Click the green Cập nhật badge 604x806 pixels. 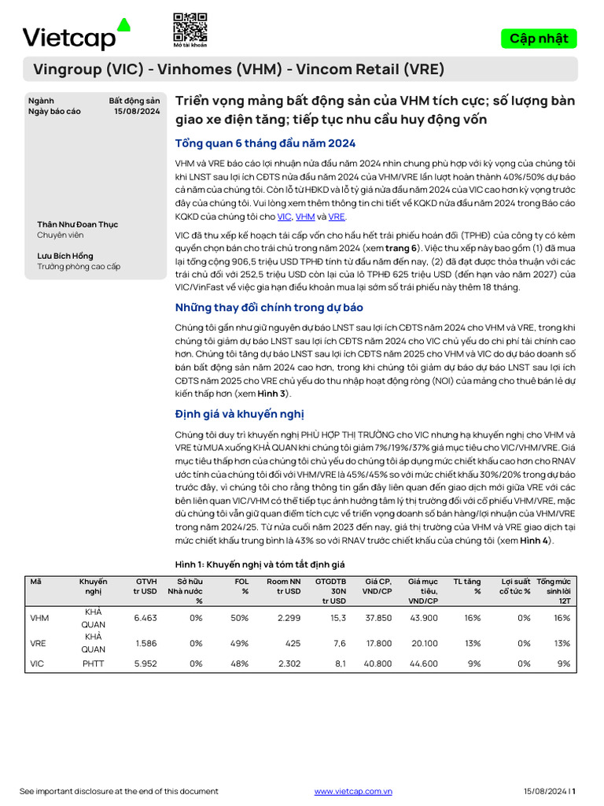(x=538, y=39)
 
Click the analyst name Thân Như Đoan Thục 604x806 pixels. (x=77, y=224)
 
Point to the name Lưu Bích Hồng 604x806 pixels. (x=64, y=256)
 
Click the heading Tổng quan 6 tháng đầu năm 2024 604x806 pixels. (x=265, y=143)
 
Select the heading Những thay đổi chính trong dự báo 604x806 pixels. (x=268, y=308)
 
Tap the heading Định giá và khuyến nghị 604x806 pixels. (x=239, y=414)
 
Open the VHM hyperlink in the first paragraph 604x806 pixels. (x=305, y=216)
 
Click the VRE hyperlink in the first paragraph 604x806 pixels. (x=337, y=216)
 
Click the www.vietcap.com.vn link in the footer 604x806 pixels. (x=353, y=791)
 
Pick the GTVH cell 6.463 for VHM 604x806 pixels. (x=145, y=618)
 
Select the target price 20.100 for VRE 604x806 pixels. (x=424, y=642)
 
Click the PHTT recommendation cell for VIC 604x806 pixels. (x=93, y=664)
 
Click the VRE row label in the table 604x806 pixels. (x=38, y=642)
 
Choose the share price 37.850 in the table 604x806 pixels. (x=378, y=618)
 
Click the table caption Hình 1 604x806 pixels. (x=259, y=564)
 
